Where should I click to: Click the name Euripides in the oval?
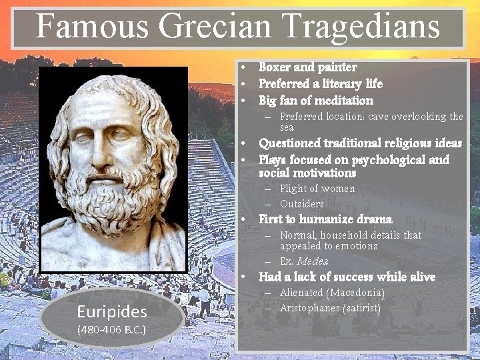click(111, 311)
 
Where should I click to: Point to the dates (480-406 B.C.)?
click(111, 329)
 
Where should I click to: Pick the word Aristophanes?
click(310, 308)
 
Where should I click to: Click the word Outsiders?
click(302, 204)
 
